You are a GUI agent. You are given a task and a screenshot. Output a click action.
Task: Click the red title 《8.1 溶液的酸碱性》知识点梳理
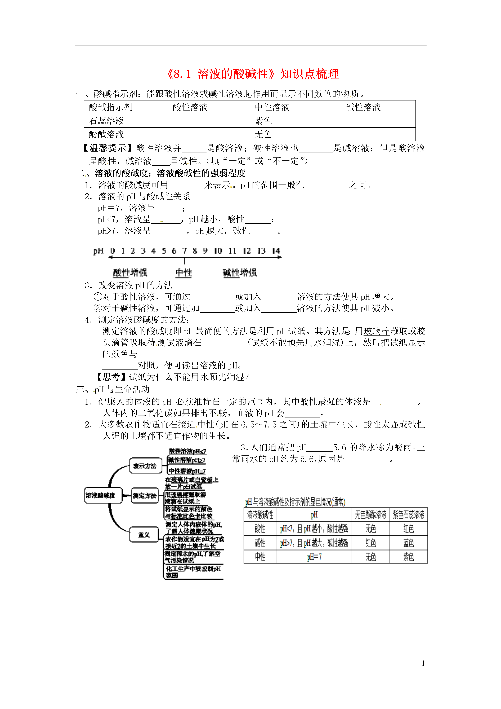point(253,74)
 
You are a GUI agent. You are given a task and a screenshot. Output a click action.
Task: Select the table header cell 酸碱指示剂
point(110,107)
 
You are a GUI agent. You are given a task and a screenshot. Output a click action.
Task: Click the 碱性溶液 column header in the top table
point(363,107)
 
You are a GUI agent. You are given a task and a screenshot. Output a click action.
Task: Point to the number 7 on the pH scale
point(184,251)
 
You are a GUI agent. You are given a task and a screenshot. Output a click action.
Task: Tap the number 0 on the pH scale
point(113,251)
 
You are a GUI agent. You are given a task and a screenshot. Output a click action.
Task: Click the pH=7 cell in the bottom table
point(314,557)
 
